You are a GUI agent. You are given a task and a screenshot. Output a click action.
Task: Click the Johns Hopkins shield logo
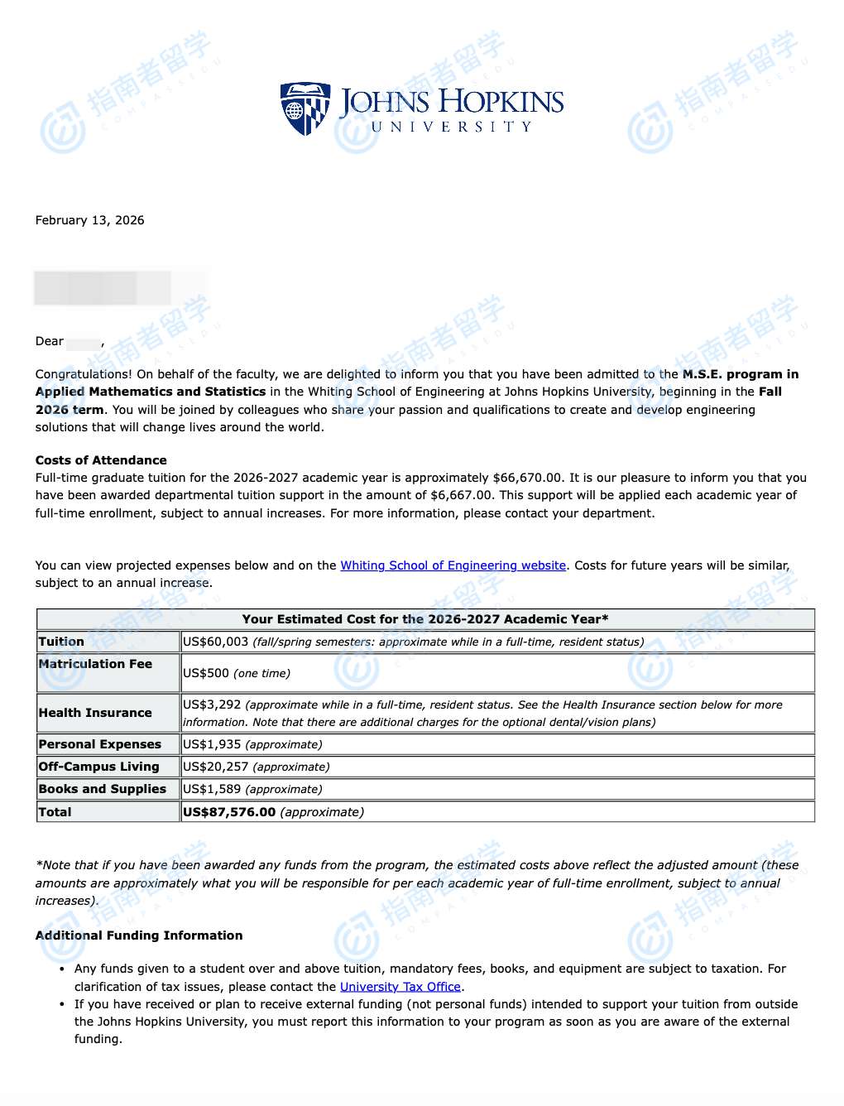point(305,108)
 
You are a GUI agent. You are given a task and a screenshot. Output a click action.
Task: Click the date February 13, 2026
point(89,220)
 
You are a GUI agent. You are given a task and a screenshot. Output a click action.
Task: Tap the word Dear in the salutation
point(49,341)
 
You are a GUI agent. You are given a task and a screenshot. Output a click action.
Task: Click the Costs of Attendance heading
point(101,460)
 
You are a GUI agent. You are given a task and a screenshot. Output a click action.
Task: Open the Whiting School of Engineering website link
point(453,565)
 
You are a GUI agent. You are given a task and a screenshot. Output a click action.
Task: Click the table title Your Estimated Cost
point(425,619)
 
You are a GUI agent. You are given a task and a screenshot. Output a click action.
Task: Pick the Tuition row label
point(61,642)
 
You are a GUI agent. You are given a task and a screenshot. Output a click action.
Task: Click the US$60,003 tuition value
point(215,642)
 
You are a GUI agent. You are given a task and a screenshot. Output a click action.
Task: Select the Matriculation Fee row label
point(95,664)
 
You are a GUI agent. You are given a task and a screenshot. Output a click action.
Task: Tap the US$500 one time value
point(206,673)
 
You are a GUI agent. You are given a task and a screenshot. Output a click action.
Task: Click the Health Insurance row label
point(95,713)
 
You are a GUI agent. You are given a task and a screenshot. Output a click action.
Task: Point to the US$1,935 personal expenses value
point(213,744)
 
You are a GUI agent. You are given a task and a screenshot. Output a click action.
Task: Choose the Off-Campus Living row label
point(98,767)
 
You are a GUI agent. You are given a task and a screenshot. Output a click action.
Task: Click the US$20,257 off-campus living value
point(216,767)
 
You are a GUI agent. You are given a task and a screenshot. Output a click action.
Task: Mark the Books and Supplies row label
point(103,789)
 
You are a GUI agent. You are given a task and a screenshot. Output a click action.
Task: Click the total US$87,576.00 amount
point(229,812)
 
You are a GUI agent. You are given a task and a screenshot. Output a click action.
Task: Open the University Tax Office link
point(400,987)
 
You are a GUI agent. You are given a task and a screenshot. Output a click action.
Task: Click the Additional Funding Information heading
point(139,935)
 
